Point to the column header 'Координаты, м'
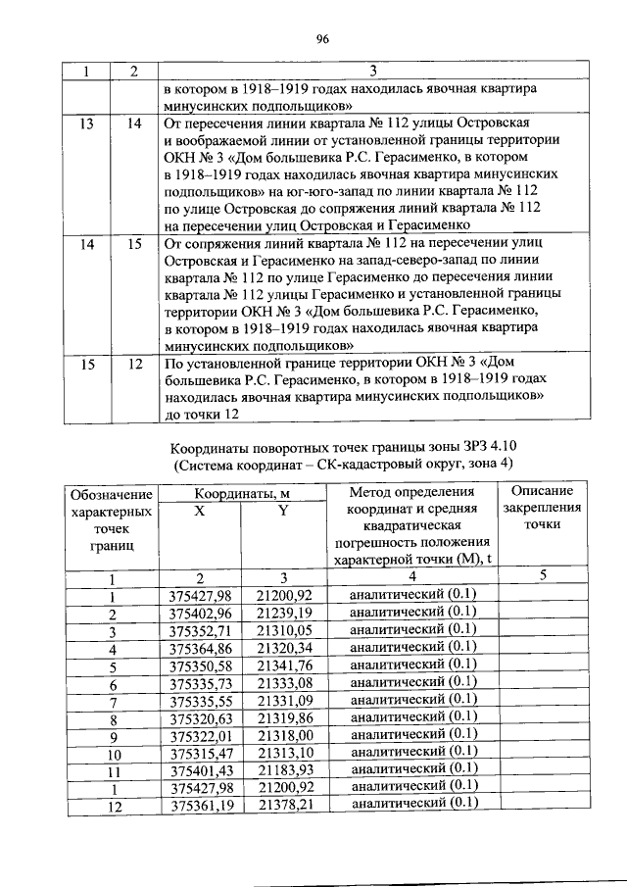241,493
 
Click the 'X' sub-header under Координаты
200,511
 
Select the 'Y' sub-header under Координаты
283,511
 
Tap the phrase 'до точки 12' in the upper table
203,414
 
